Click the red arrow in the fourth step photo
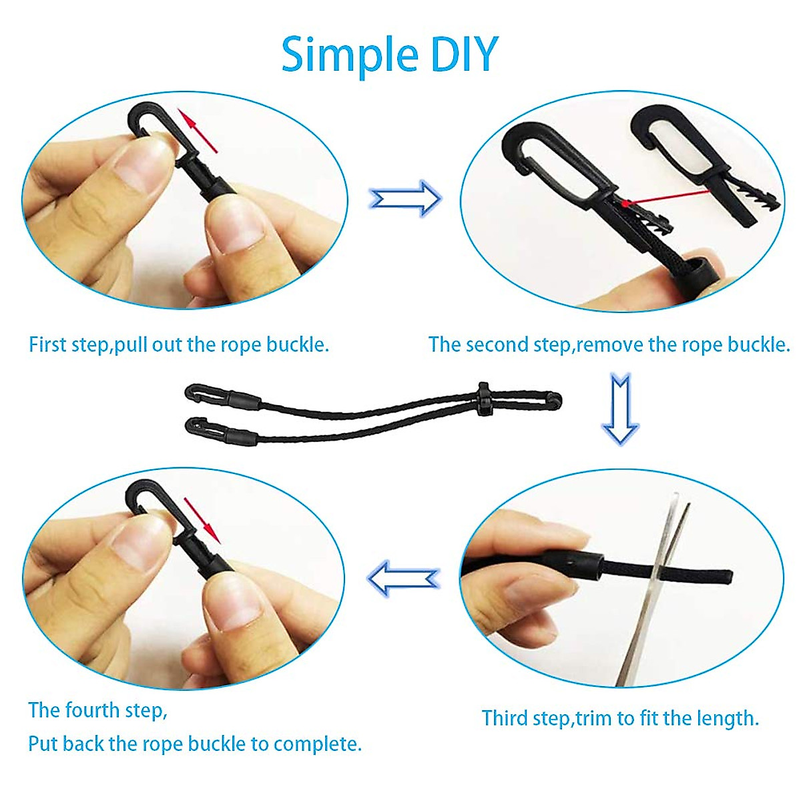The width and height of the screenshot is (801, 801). (x=202, y=520)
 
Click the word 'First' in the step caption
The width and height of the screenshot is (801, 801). (x=48, y=345)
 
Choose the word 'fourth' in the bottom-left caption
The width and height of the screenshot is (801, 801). (x=107, y=710)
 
